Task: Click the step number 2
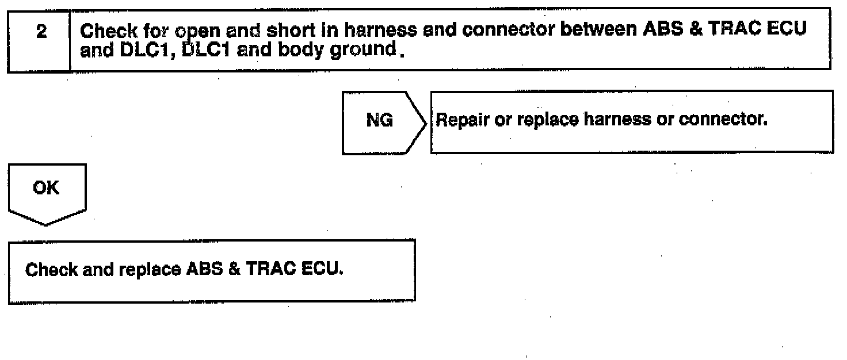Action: [x=40, y=33]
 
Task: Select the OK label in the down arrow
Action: [x=46, y=188]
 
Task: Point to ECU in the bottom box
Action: [x=323, y=269]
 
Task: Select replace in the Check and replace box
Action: [x=146, y=269]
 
